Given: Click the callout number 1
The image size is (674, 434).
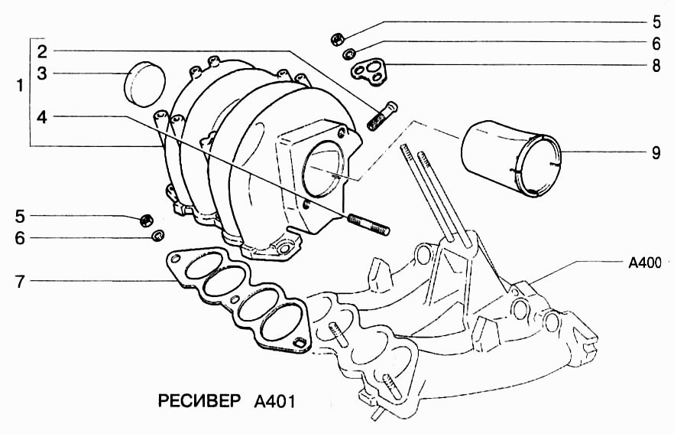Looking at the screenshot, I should tap(19, 86).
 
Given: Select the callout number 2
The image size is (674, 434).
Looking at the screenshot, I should tap(43, 51).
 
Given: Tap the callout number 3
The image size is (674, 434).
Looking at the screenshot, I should tap(43, 73).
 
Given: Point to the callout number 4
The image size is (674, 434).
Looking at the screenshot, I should tap(43, 116).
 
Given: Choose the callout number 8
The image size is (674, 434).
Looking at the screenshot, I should tap(656, 65).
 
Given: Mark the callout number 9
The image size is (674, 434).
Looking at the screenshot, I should tap(656, 152).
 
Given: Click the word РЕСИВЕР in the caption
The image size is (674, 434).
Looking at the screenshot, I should tap(198, 401).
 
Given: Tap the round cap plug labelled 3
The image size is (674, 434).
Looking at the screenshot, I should tap(144, 83).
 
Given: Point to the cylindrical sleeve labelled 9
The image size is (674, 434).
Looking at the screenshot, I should tap(510, 162).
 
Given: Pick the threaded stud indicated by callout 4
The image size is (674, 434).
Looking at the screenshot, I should tap(368, 224).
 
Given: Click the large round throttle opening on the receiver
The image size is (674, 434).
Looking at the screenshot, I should tap(322, 170).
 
